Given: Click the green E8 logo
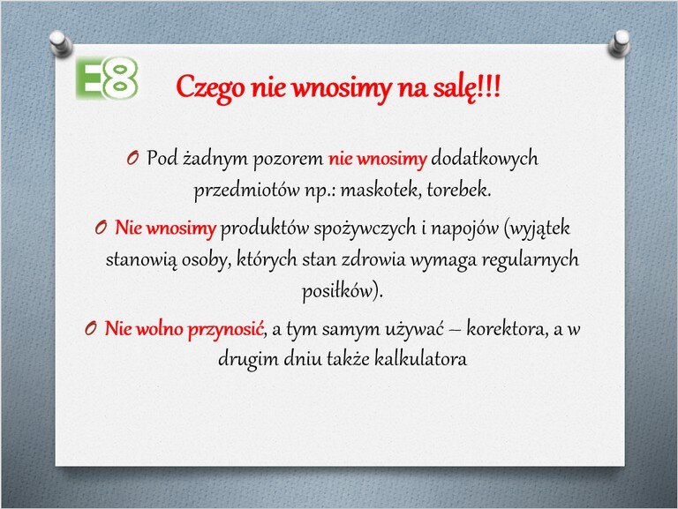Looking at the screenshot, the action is [107, 78].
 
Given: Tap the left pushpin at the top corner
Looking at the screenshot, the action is [60, 43].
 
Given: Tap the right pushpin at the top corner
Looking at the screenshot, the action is [619, 43].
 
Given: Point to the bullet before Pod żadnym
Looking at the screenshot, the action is [132, 158].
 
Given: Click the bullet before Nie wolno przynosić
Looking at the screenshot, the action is [90, 329].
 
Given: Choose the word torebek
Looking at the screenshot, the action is [459, 190].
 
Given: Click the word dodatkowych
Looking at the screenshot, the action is [485, 159].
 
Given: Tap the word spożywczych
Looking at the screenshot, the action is [365, 228].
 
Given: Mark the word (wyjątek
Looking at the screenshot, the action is [538, 228].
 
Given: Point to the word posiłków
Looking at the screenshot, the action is [337, 291].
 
